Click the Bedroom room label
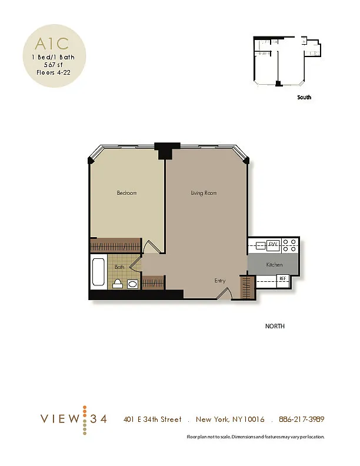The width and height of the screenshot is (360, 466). (127, 193)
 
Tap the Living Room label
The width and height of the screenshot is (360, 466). (204, 193)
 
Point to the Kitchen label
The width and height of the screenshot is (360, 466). (274, 265)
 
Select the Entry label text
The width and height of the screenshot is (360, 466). (220, 281)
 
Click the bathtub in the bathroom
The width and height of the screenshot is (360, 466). (98, 272)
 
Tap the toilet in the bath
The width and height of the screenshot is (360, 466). (117, 284)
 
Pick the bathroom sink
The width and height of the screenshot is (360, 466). (132, 284)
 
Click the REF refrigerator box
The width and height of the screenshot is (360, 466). (282, 278)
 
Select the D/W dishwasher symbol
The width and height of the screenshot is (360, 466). (273, 245)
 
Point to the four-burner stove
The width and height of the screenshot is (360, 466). (289, 245)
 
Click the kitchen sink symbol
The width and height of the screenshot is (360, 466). (261, 246)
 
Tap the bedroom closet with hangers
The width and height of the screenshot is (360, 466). (115, 245)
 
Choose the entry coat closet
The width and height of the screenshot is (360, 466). (248, 287)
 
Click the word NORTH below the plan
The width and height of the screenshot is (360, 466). (275, 326)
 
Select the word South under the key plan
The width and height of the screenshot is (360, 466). (304, 97)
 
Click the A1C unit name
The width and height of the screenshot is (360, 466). (52, 44)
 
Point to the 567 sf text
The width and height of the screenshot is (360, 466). (54, 65)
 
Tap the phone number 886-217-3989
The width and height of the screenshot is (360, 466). (302, 419)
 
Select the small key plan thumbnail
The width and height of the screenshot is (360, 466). (287, 61)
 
